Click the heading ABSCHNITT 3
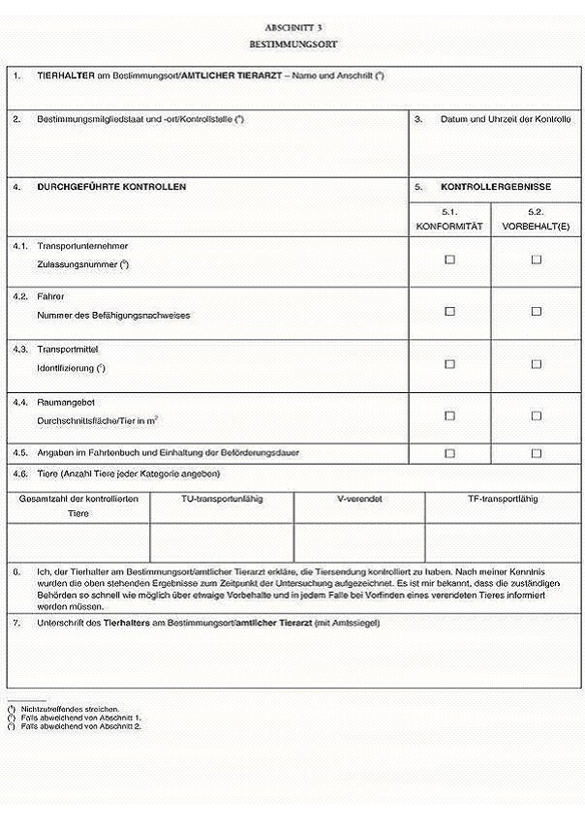tap(292, 28)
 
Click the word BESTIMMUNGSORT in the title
tap(292, 45)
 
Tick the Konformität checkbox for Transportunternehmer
tap(449, 260)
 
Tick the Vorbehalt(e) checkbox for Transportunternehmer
tap(536, 260)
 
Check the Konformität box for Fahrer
tap(449, 312)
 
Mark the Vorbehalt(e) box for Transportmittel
tap(536, 364)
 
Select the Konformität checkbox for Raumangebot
tap(449, 415)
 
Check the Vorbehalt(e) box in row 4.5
tap(536, 452)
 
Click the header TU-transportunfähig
tap(222, 500)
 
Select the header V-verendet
tap(358, 500)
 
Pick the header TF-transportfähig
tap(503, 500)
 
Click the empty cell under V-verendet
tap(358, 542)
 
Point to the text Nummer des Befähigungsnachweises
tap(113, 316)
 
